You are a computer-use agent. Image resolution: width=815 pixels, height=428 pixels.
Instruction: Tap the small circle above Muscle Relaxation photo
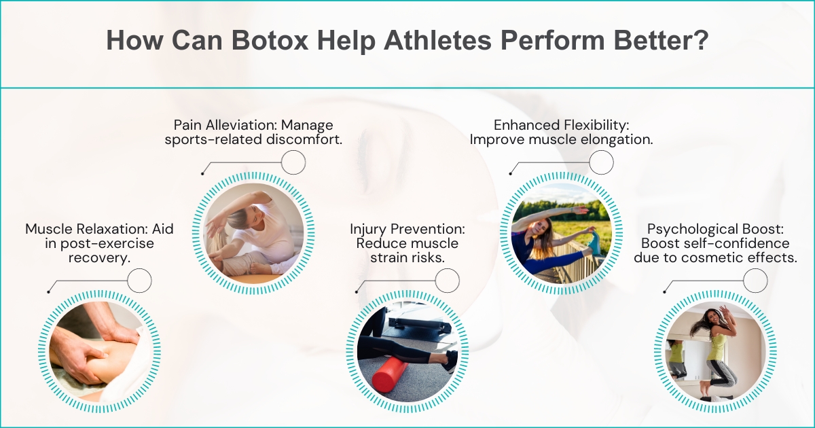(x=139, y=280)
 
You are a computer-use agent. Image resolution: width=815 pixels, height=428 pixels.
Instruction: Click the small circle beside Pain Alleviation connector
(x=293, y=162)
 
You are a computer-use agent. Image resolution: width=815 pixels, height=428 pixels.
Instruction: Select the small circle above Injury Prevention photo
(x=447, y=280)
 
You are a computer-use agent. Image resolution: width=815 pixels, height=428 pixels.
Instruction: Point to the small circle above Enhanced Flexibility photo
(x=601, y=162)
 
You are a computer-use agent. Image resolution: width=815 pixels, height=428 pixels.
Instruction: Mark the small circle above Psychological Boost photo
(x=755, y=280)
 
